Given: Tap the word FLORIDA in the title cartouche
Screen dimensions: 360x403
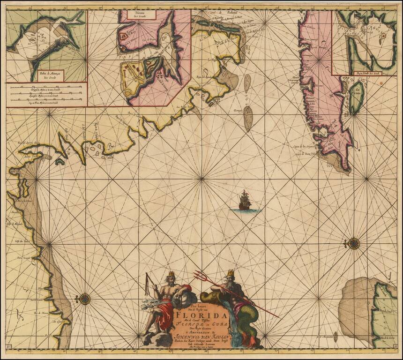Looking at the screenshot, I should tap(194, 316).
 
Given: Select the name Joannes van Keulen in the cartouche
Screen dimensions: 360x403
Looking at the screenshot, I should tap(194, 335).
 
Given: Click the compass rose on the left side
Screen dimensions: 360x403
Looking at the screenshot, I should tap(84, 299).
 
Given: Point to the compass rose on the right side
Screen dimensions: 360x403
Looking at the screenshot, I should tap(353, 243).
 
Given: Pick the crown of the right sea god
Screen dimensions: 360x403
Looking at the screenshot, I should tap(230, 273).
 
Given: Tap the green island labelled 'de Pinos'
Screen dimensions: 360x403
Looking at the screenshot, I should tap(356, 97).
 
